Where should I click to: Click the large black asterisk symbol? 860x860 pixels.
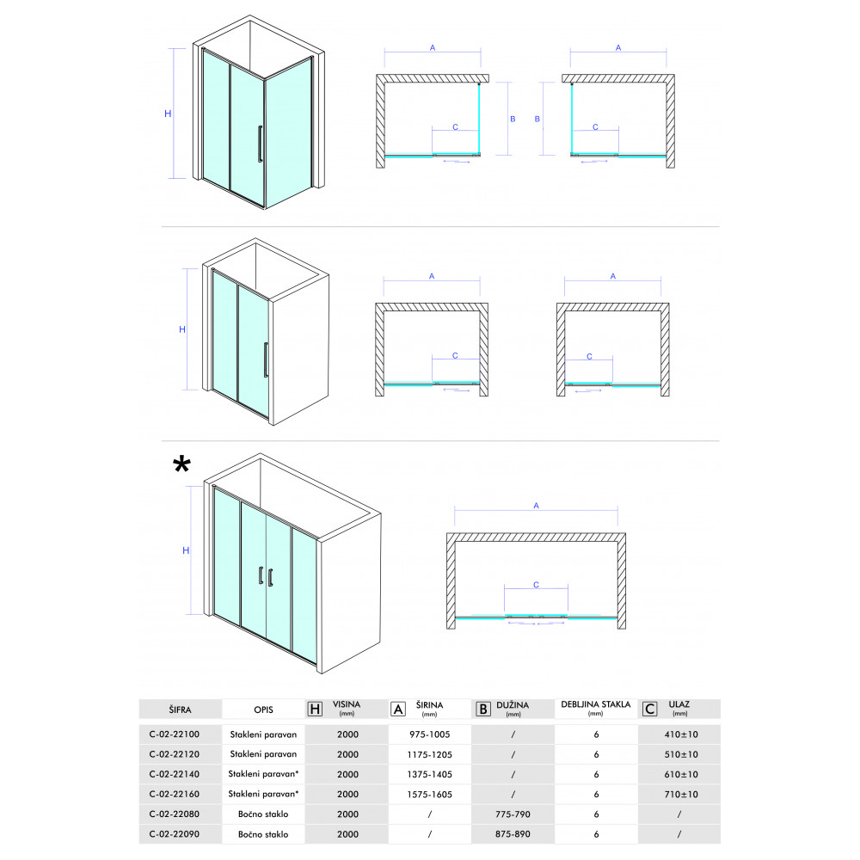181,464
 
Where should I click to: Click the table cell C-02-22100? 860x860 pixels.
175,734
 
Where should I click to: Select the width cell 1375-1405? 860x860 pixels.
429,774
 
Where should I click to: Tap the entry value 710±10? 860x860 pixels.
680,794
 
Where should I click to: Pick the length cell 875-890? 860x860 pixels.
513,833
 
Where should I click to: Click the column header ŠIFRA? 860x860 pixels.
180,709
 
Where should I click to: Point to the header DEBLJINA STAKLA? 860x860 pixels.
596,704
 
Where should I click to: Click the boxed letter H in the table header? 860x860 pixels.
315,709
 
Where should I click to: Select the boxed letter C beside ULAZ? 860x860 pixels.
650,709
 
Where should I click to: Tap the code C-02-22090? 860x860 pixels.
175,833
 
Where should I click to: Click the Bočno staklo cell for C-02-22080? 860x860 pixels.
263,814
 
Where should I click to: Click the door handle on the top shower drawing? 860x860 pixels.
260,144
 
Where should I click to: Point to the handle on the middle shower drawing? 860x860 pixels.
266,359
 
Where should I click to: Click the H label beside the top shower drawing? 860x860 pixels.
168,114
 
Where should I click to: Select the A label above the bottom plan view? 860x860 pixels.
536,505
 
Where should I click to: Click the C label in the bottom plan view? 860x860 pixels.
536,585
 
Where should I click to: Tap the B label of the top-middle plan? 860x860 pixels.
513,119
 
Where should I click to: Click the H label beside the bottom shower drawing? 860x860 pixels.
186,550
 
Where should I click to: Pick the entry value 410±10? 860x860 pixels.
680,734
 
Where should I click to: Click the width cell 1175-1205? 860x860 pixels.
429,754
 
